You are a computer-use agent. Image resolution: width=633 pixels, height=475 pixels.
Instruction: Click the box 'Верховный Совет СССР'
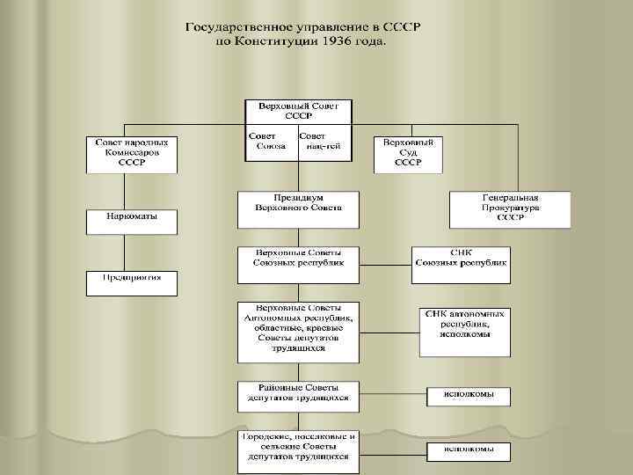click(x=298, y=111)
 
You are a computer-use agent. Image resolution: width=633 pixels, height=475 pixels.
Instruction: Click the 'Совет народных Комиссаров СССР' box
click(x=131, y=153)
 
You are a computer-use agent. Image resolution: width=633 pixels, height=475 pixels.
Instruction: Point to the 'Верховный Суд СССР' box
click(x=408, y=153)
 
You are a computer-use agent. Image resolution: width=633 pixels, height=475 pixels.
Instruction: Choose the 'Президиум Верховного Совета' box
click(x=298, y=208)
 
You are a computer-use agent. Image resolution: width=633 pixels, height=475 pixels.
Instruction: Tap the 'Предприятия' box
click(x=131, y=282)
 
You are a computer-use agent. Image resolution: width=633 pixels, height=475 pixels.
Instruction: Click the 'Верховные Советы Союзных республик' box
click(x=298, y=264)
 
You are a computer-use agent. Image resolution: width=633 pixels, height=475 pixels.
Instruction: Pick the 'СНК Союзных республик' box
click(x=461, y=263)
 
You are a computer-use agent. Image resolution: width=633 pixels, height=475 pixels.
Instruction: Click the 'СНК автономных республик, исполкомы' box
click(x=464, y=330)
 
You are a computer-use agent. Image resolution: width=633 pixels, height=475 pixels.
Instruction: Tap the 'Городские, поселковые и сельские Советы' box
click(x=298, y=449)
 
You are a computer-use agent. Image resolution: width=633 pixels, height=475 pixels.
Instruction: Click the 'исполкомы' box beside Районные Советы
click(x=468, y=395)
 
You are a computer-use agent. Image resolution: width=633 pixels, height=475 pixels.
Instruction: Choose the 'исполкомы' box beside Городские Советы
click(x=468, y=449)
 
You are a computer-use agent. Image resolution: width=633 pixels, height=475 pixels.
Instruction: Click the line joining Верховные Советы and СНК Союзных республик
click(x=386, y=263)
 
